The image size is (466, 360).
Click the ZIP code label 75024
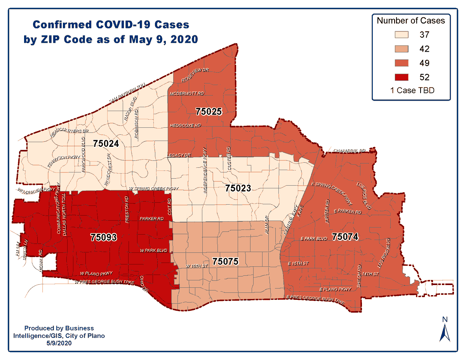pos(106,143)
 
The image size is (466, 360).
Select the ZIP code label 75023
pos(238,188)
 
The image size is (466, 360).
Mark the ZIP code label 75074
pos(345,237)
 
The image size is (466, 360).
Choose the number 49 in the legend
pos(424,63)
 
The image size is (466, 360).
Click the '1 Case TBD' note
pos(412,90)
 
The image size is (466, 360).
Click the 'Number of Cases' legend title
pos(411,20)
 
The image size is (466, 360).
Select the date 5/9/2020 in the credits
pos(59,343)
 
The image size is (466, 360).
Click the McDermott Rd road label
pos(187,94)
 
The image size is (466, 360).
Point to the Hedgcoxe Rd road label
pos(185,126)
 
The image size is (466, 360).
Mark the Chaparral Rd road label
pos(350,150)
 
